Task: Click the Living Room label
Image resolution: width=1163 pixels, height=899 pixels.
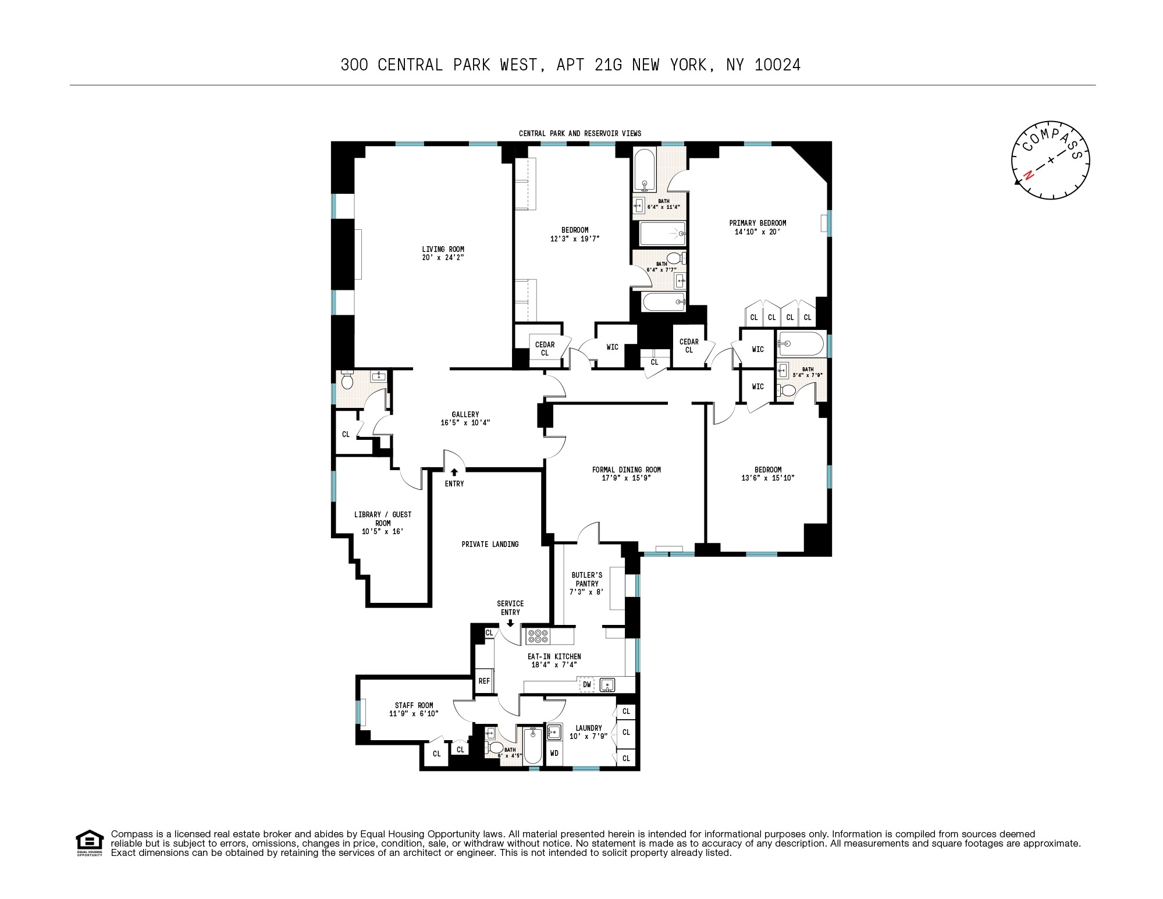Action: [x=443, y=249]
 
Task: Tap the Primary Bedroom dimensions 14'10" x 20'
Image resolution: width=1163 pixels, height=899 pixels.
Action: [x=757, y=232]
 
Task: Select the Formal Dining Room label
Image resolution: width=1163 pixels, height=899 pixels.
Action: [x=626, y=470]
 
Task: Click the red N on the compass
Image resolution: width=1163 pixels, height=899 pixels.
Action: [x=1029, y=174]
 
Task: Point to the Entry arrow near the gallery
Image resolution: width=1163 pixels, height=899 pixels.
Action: [x=454, y=472]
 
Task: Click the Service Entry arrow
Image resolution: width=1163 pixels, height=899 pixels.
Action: [x=510, y=623]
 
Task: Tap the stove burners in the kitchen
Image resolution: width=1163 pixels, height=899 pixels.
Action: [x=537, y=636]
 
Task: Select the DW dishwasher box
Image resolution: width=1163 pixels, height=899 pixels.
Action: [x=587, y=684]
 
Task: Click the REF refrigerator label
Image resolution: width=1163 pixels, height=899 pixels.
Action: [x=484, y=681]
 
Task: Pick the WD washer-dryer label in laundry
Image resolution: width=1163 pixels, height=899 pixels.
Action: [x=554, y=753]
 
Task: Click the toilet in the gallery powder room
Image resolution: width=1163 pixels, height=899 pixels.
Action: [x=347, y=381]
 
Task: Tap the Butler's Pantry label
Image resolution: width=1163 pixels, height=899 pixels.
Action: [x=587, y=579]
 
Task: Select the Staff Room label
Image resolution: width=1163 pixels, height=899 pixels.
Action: [x=414, y=705]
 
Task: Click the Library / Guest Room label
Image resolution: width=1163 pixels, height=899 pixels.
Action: [x=382, y=518]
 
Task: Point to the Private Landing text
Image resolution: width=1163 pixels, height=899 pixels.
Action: [x=490, y=544]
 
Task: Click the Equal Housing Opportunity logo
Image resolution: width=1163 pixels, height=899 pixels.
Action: [x=90, y=843]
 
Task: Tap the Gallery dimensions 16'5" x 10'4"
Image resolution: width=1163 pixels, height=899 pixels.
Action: [x=465, y=423]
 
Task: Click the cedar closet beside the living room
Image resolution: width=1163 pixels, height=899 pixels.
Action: [x=545, y=349]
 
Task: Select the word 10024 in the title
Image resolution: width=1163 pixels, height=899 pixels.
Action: [x=777, y=65]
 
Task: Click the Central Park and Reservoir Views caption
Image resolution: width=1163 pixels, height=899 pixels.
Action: [x=580, y=133]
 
